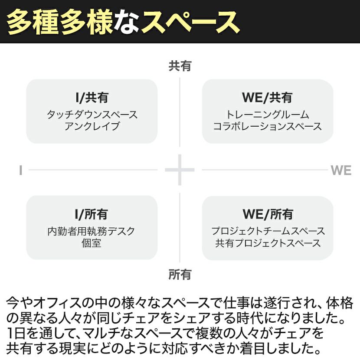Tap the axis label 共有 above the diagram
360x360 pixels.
click(x=180, y=66)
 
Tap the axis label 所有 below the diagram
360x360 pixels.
click(x=180, y=275)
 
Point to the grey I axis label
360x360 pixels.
click(x=20, y=170)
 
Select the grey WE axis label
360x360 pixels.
click(x=341, y=170)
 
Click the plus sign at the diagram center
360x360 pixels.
click(x=180, y=170)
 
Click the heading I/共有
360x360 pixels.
click(x=92, y=98)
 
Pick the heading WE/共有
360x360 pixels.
click(x=267, y=98)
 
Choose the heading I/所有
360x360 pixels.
click(x=92, y=214)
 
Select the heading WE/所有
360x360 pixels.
click(x=268, y=214)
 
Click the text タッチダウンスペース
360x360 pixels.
click(x=92, y=115)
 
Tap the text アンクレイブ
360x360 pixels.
click(x=92, y=126)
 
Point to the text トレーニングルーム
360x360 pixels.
click(x=267, y=115)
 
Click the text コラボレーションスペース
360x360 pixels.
click(x=267, y=126)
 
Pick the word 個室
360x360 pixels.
click(x=92, y=243)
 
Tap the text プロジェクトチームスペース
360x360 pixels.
click(x=268, y=231)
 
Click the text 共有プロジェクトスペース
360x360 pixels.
click(x=268, y=243)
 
